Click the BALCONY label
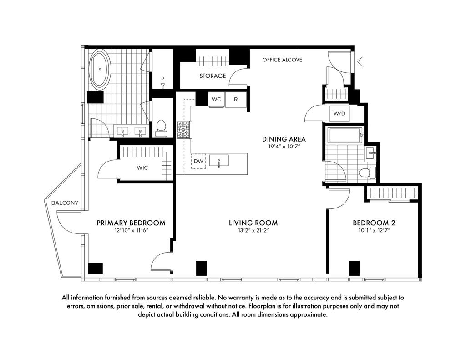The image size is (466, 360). [65, 203]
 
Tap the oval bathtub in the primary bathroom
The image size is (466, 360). [100, 70]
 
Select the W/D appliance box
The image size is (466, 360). [339, 113]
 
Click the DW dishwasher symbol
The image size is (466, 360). [198, 162]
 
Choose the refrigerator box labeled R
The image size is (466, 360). [236, 99]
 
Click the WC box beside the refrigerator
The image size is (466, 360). [216, 99]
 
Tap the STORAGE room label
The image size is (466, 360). [213, 76]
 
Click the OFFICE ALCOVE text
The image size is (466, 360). [282, 60]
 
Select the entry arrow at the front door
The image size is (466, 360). [360, 62]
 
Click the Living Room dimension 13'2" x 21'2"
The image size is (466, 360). [253, 230]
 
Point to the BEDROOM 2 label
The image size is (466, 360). [374, 223]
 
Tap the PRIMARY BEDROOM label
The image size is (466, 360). [131, 223]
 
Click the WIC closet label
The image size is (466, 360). [142, 168]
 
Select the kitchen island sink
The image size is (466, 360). [219, 161]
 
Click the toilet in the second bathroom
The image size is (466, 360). [367, 172]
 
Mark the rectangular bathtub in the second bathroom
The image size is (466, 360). [345, 135]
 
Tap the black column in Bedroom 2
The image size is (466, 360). [354, 268]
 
